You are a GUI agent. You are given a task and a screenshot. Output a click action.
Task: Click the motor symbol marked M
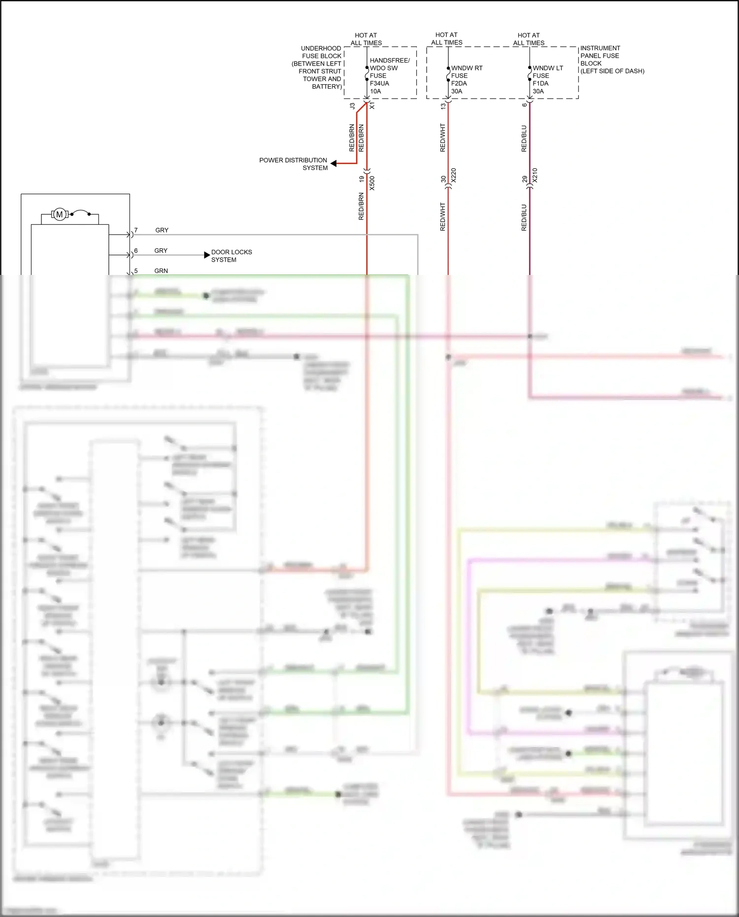click(x=60, y=214)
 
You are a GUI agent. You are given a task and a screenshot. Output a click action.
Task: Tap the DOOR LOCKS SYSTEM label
click(x=231, y=256)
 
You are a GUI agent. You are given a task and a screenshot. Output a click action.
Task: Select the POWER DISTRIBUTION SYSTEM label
click(x=293, y=164)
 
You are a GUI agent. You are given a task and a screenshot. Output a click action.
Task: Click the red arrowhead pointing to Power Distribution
click(x=334, y=164)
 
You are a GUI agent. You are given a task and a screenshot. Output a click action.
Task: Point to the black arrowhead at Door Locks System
click(x=207, y=255)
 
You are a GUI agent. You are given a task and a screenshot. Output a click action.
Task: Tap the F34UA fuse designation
click(x=379, y=83)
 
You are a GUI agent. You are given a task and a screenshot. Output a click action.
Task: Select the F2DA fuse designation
click(x=459, y=83)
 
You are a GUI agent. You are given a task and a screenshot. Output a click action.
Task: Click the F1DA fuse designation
click(x=540, y=83)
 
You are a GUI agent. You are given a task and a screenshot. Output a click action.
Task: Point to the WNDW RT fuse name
click(x=467, y=68)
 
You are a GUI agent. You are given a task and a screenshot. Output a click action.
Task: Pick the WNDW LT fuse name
click(x=548, y=68)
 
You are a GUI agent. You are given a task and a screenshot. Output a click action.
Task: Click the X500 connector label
click(x=372, y=183)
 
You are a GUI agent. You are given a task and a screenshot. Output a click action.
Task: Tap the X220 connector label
click(x=453, y=175)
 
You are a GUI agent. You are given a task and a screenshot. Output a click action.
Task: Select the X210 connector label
click(x=535, y=175)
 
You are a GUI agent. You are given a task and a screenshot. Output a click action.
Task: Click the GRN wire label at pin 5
click(x=161, y=271)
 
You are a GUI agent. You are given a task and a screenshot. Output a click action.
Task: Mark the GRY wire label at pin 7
click(x=162, y=230)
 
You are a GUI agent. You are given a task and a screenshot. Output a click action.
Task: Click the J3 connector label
click(x=352, y=106)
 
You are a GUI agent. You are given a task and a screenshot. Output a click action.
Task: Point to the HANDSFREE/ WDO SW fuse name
click(x=389, y=64)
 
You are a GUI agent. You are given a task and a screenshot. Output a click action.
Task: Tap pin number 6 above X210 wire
click(x=525, y=104)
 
